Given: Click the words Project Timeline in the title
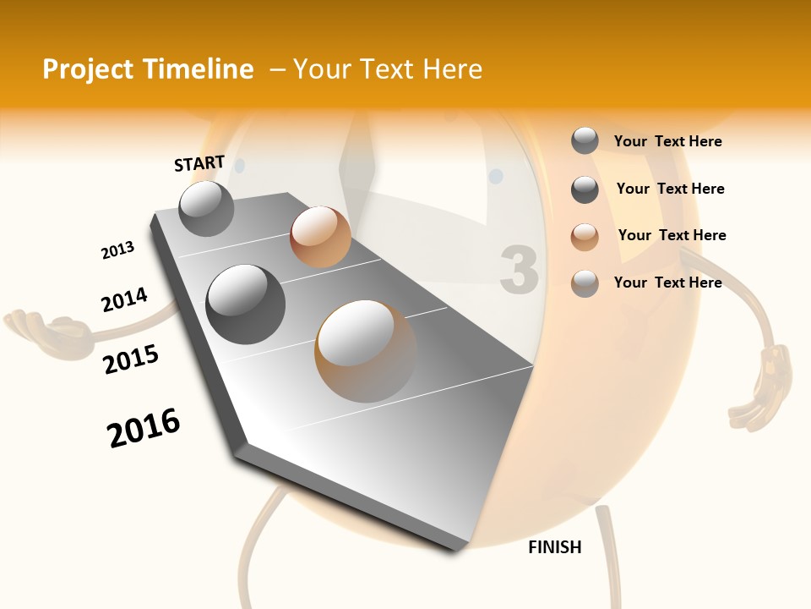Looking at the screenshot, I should coord(148,69).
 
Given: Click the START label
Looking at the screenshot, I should coord(199,163).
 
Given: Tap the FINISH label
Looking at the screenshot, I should coord(555,547).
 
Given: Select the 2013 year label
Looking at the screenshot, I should coord(117,250).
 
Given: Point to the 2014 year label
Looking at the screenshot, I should coord(124,299).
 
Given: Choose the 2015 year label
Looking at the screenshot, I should coord(131,359).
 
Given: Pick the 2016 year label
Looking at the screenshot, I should coord(144,427).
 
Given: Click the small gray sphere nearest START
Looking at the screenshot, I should coord(207,208).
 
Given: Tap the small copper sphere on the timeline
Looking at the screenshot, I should coord(320,237).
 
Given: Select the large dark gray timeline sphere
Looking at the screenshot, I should coord(246,304).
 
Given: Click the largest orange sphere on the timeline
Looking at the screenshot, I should coord(365,351).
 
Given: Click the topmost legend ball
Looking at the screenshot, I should coord(585,141).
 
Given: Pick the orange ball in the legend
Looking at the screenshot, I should coord(585,237).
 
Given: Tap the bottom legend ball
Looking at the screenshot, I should coord(585,283).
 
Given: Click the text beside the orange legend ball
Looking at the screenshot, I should coord(672,235).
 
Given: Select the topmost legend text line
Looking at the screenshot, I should coord(667,141).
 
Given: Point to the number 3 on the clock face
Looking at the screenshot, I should coord(519,270).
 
